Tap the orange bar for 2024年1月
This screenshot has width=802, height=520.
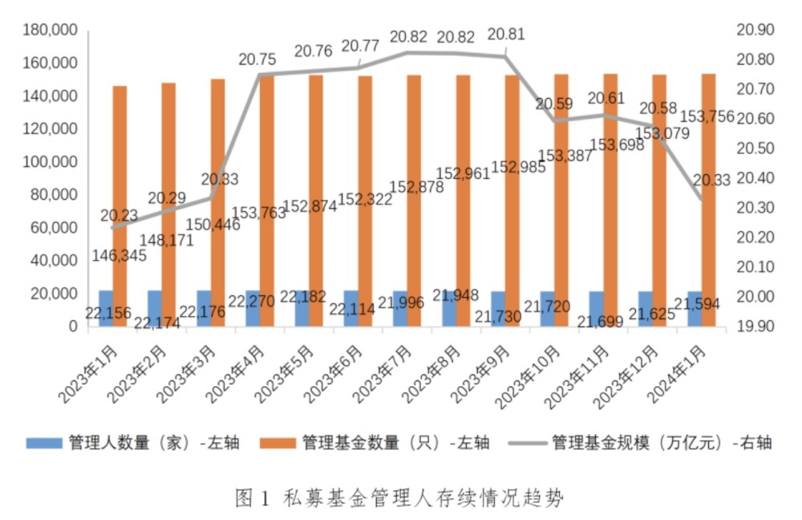709,201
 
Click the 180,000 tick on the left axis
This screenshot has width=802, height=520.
50,30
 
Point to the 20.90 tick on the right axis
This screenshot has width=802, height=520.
755,30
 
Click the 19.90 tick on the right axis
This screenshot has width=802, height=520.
755,327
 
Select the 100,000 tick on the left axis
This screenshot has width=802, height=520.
50,161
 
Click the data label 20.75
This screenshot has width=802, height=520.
257,59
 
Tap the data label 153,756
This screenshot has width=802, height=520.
706,117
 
